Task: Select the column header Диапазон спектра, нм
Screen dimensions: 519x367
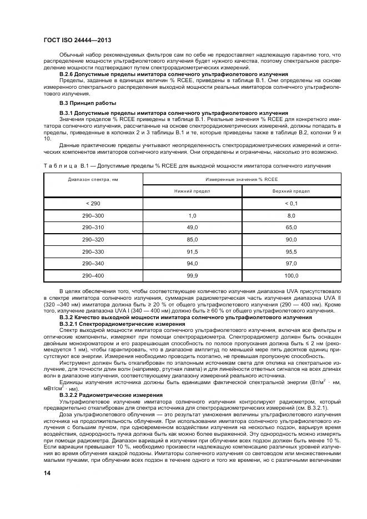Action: coord(93,179)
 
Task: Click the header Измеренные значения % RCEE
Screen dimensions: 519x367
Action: coord(241,179)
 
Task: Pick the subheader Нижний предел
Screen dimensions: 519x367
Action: coord(193,191)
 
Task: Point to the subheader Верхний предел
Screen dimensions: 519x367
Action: coord(291,191)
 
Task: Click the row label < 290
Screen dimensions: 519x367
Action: coord(93,204)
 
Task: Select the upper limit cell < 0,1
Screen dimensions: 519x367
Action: coord(291,204)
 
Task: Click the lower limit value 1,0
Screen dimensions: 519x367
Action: coord(193,215)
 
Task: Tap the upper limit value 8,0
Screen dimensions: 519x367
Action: coord(291,215)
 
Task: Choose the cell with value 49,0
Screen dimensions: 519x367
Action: coord(193,228)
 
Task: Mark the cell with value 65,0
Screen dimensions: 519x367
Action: coord(291,228)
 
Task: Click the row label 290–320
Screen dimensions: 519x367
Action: coord(93,239)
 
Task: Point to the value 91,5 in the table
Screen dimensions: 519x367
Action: coord(193,251)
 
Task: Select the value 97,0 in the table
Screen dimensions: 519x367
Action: coord(291,263)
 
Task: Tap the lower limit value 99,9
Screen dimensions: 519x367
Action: coord(193,275)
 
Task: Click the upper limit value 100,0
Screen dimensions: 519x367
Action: coord(291,275)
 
